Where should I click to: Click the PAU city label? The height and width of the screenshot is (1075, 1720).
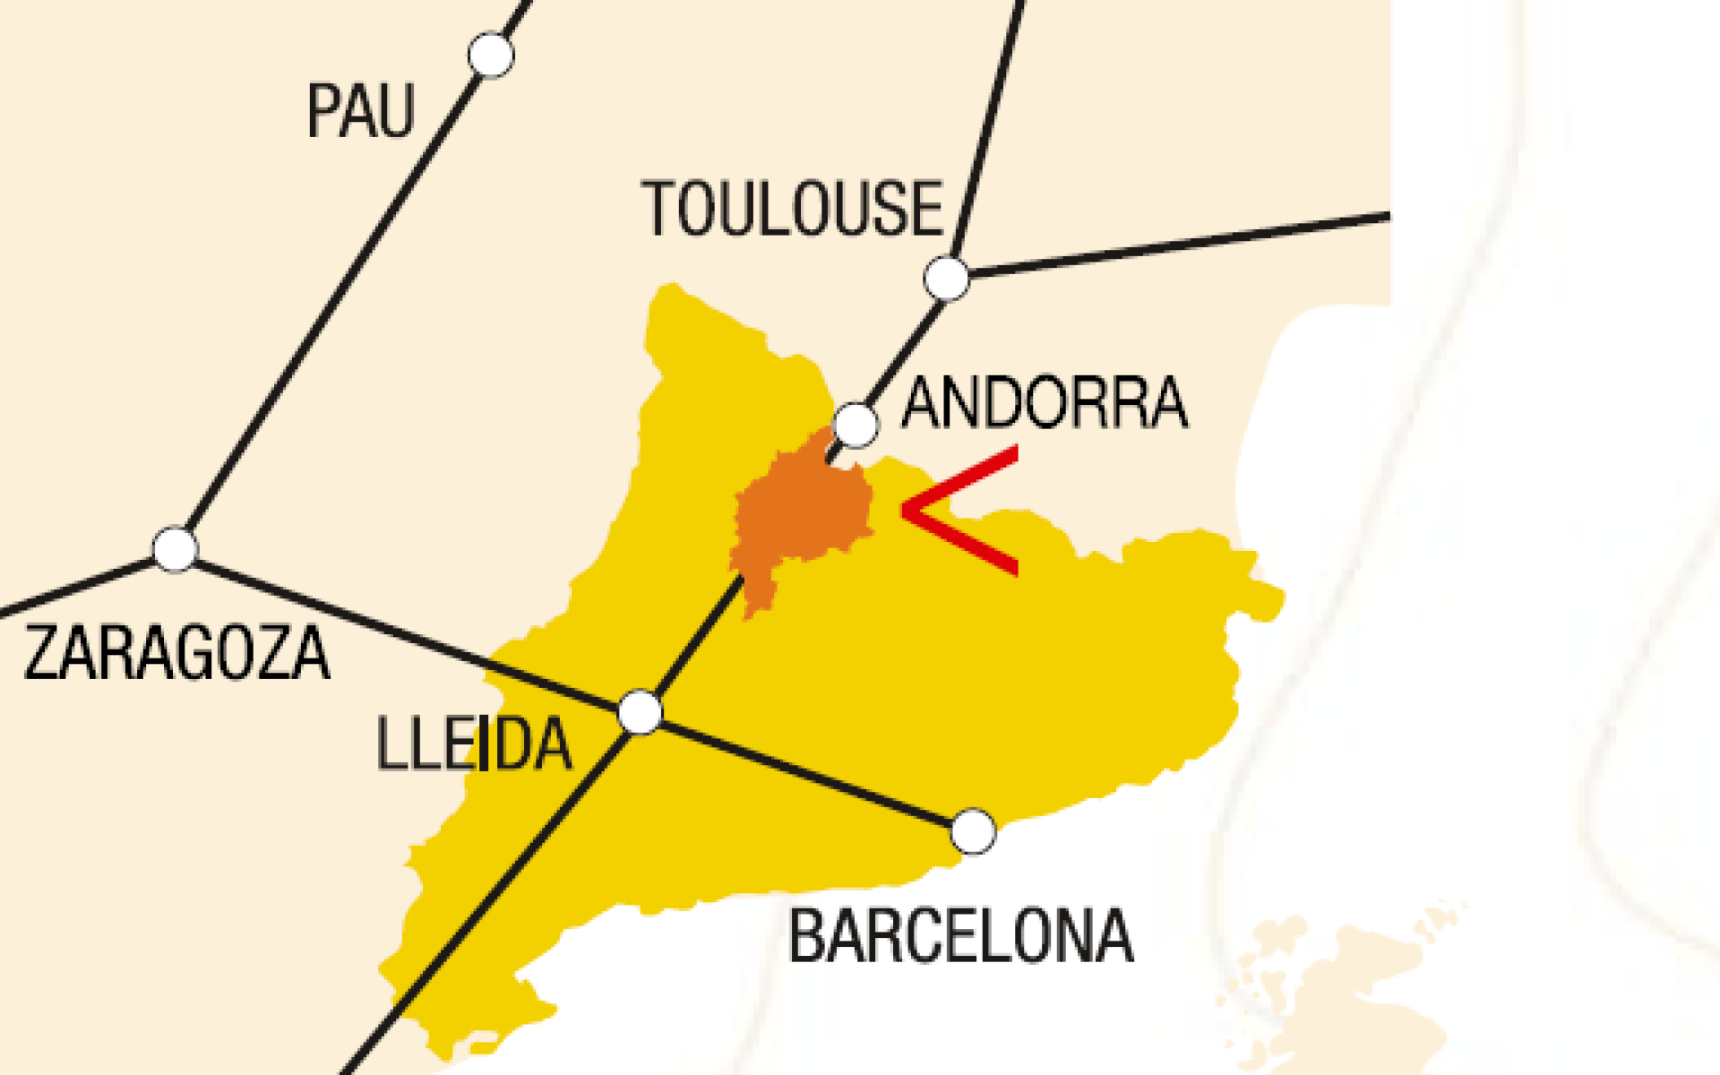(360, 111)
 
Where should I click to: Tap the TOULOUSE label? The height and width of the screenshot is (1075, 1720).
(793, 209)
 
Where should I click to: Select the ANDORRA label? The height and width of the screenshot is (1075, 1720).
(1045, 404)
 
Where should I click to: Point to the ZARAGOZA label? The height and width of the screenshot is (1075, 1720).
(176, 653)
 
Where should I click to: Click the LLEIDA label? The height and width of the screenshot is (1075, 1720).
(473, 744)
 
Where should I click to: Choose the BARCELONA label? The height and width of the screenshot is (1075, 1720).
(960, 936)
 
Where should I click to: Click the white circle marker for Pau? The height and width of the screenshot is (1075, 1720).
(491, 55)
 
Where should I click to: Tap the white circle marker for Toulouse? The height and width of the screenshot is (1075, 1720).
(947, 278)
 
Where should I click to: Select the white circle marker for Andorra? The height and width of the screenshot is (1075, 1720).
(856, 424)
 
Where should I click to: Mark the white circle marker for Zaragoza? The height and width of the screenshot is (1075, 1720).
(175, 548)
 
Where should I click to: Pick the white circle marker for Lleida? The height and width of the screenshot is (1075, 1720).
(641, 712)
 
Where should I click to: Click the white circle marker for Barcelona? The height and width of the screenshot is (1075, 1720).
(973, 831)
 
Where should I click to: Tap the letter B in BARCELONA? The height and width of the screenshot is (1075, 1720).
(805, 936)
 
